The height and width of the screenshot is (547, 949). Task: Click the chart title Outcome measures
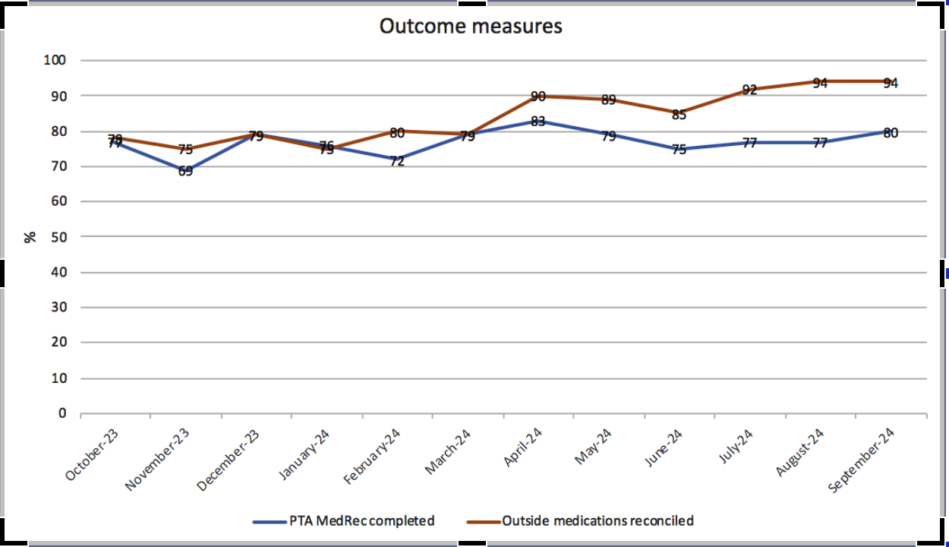click(x=471, y=26)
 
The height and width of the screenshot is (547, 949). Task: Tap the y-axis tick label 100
click(x=56, y=60)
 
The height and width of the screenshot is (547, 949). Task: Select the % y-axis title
click(x=30, y=237)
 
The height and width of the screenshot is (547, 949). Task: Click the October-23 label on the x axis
click(x=92, y=454)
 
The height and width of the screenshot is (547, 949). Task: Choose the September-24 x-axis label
click(x=862, y=460)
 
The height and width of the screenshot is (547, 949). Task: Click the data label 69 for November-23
click(x=185, y=171)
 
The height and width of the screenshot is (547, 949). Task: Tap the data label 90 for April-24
click(x=538, y=96)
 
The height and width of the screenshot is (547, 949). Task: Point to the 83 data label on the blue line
click(x=538, y=121)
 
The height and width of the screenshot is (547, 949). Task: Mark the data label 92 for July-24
click(x=749, y=90)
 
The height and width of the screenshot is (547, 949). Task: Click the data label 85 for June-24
click(x=679, y=115)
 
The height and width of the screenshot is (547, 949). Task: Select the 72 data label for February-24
click(x=397, y=161)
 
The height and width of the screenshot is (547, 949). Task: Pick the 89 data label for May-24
click(x=608, y=100)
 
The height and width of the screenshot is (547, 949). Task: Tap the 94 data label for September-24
click(x=891, y=83)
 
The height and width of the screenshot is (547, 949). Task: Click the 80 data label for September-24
click(x=891, y=133)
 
